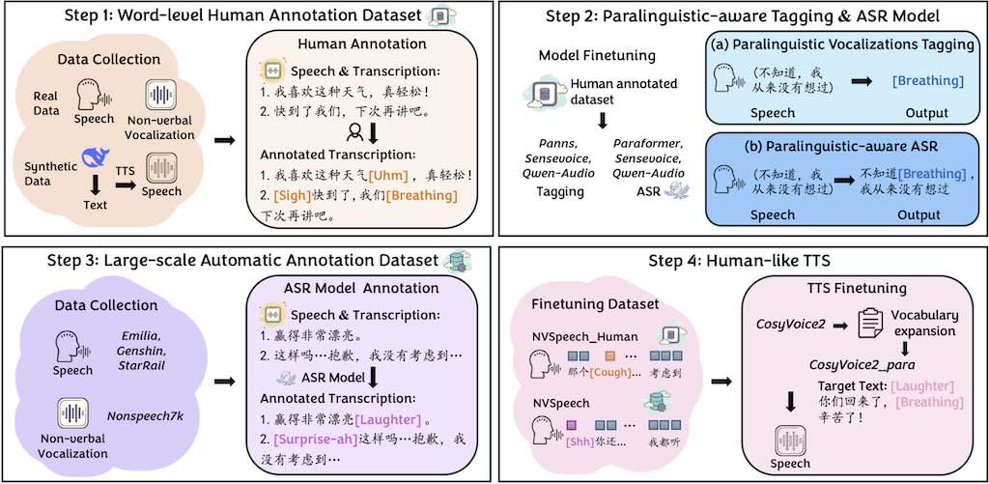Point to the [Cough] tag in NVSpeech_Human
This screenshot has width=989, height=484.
click(609, 372)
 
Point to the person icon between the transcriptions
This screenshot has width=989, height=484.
click(353, 132)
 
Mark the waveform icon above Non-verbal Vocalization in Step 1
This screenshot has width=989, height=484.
click(159, 95)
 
